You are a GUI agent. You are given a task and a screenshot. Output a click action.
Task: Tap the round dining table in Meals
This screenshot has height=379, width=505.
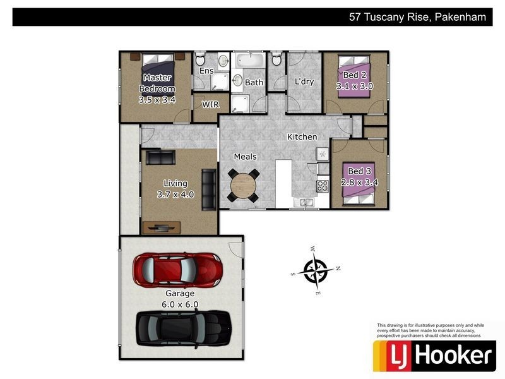tap(243, 186)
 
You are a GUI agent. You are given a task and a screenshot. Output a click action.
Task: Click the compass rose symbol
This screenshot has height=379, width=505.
tap(315, 270)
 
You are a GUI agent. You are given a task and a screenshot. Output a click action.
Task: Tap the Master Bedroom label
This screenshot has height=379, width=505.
tap(157, 88)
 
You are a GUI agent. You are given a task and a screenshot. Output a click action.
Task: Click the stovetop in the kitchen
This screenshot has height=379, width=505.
tap(322, 186)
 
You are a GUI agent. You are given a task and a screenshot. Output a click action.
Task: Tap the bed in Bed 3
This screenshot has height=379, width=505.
tap(360, 183)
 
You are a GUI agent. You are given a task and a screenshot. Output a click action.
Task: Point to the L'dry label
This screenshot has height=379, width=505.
tap(305, 82)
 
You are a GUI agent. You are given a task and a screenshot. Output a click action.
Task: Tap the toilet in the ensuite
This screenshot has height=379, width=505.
tap(200, 61)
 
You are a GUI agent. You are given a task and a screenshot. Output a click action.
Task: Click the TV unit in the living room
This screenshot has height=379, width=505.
tap(162, 227)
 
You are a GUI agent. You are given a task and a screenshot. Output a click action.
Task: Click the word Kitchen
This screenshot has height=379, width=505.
tap(302, 137)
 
